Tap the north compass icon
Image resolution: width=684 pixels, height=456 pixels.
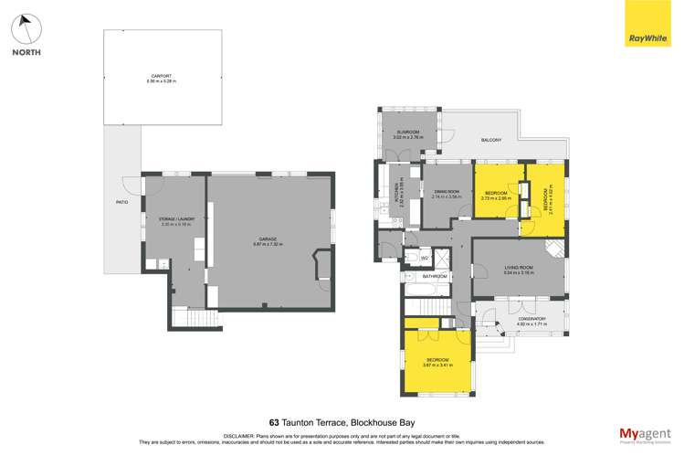[26, 31]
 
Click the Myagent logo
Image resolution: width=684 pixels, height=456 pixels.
[645, 433]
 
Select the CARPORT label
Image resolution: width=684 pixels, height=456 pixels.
[163, 77]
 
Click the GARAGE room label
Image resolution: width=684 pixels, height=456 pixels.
[267, 239]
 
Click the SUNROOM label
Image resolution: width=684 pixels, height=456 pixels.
[406, 133]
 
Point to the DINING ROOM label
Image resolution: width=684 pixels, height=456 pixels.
[447, 191]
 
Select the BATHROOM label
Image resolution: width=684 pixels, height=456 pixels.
[435, 276]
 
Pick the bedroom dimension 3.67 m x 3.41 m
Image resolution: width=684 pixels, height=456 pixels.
[436, 365]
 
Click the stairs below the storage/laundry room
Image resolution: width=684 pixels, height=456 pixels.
[197, 318]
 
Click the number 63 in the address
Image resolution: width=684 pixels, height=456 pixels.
[274, 423]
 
